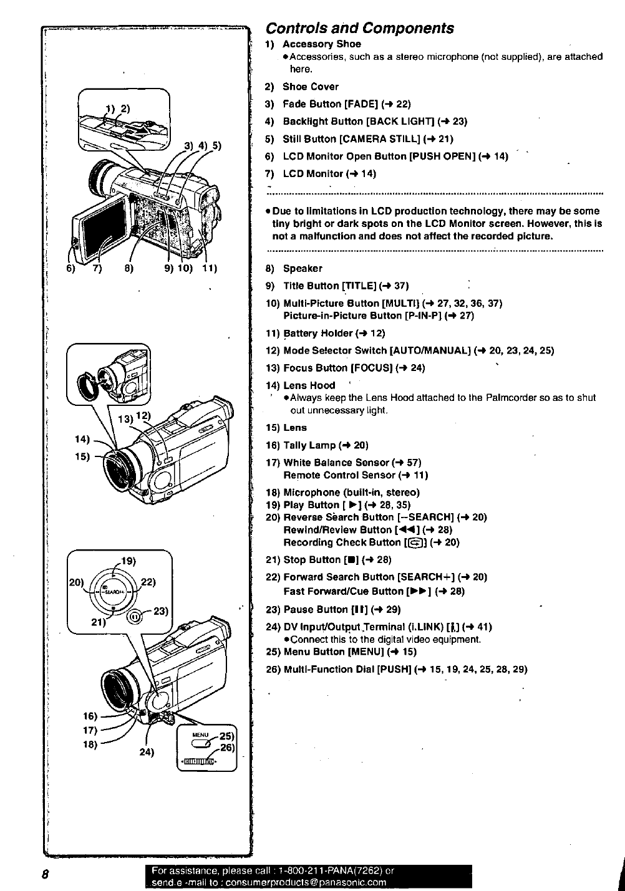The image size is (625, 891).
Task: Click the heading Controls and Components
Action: (x=359, y=29)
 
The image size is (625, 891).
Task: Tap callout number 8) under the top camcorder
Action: (x=128, y=269)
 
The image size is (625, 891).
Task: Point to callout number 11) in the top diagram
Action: (x=208, y=269)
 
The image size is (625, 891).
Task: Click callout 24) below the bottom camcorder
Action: (x=146, y=751)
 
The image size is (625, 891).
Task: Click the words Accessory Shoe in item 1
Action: (x=321, y=44)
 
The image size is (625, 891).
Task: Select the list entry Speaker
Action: (x=303, y=269)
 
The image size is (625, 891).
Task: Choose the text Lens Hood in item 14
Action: (x=309, y=385)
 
